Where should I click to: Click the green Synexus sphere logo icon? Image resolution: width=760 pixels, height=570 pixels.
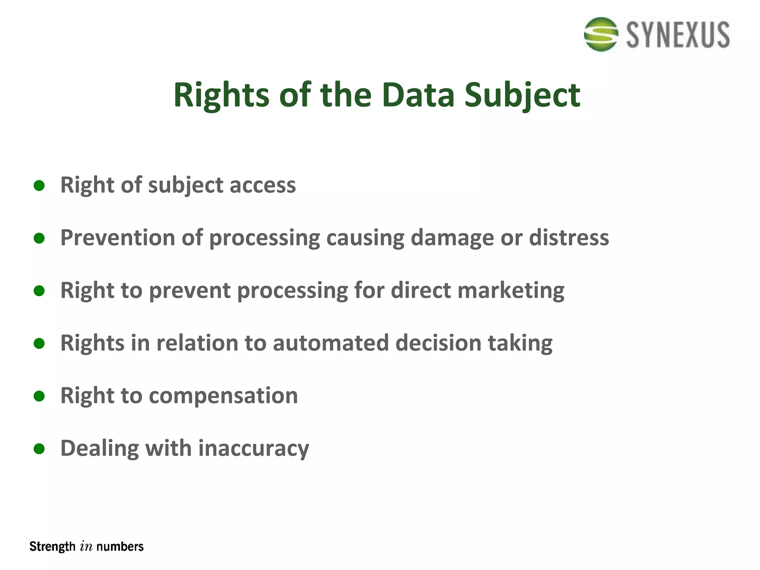[x=601, y=34]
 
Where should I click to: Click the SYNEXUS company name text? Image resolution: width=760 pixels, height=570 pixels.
[x=678, y=35]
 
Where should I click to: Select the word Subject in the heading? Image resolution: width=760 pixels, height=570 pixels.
[x=522, y=96]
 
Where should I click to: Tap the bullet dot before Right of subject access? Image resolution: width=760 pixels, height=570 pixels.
[x=39, y=185]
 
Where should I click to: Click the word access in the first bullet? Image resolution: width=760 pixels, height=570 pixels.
[x=262, y=185]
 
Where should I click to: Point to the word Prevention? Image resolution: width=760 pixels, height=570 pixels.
[x=118, y=237]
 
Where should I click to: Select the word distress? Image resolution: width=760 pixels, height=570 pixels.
[x=569, y=237]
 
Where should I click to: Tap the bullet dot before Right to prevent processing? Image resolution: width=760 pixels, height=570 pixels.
[x=39, y=291]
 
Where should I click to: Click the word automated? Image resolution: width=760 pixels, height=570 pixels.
[x=331, y=343]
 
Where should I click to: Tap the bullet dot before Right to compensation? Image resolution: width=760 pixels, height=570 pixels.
[x=39, y=396]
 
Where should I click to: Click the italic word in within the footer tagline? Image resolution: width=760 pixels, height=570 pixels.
[x=86, y=547]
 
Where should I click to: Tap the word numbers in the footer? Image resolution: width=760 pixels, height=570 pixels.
[x=120, y=547]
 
